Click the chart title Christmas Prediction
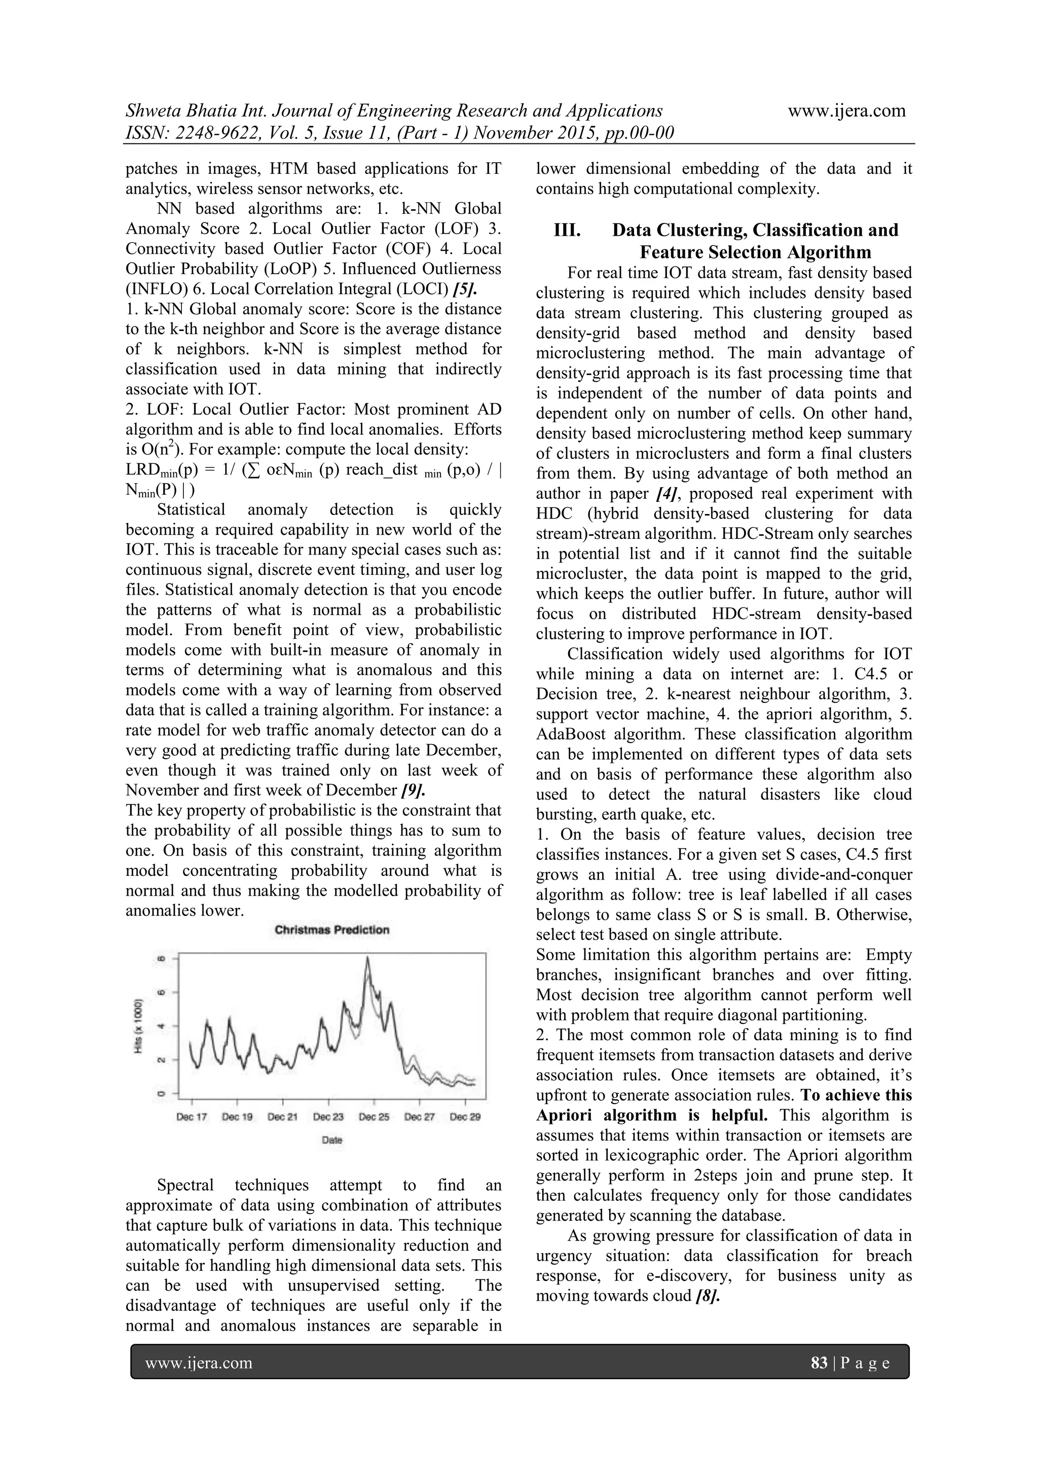click(332, 930)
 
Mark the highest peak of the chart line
click(367, 957)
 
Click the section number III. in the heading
click(567, 230)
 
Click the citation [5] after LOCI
click(465, 289)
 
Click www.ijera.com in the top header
click(846, 111)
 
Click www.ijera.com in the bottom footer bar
click(199, 1364)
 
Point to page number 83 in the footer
click(819, 1364)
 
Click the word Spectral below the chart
click(189, 1185)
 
